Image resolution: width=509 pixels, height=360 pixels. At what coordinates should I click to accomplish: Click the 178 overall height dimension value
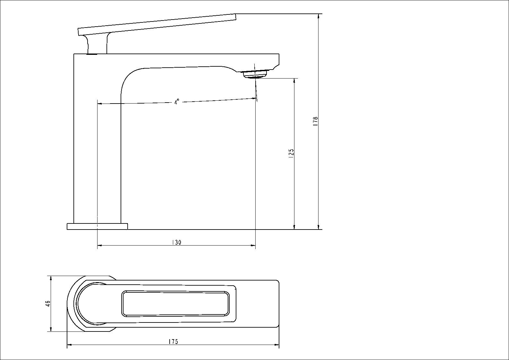(x=315, y=121)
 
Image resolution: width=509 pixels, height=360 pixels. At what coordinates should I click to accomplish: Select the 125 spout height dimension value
(x=292, y=154)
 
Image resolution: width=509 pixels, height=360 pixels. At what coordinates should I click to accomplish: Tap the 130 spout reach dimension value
(x=176, y=243)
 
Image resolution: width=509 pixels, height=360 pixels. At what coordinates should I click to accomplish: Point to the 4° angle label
(x=176, y=102)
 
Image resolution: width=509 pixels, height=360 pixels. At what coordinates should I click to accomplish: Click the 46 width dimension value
(x=48, y=304)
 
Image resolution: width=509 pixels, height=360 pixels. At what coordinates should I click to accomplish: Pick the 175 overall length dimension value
(x=174, y=342)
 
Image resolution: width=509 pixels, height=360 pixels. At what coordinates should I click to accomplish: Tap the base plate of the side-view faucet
(x=97, y=226)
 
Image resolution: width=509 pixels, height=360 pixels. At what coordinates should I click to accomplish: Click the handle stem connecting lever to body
(x=97, y=44)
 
